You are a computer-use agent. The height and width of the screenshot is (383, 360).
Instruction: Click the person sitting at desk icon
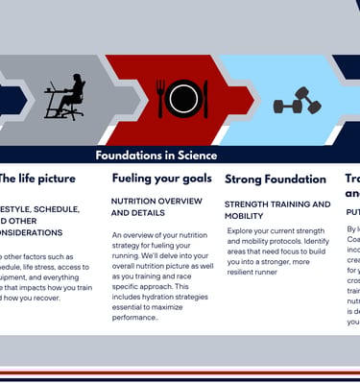(x=65, y=96)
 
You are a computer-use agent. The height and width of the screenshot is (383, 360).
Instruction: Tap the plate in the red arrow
(x=181, y=97)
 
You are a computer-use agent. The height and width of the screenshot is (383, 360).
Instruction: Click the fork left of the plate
(x=160, y=98)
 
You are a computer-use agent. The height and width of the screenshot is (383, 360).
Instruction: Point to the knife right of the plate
(x=205, y=98)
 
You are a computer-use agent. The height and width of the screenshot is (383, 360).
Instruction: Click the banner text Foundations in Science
(x=156, y=156)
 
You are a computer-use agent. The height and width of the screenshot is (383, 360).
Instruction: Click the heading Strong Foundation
(x=276, y=179)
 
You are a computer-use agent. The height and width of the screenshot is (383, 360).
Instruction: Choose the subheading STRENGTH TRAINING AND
(x=277, y=204)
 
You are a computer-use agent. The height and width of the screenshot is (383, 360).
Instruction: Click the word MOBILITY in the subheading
(x=244, y=217)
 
